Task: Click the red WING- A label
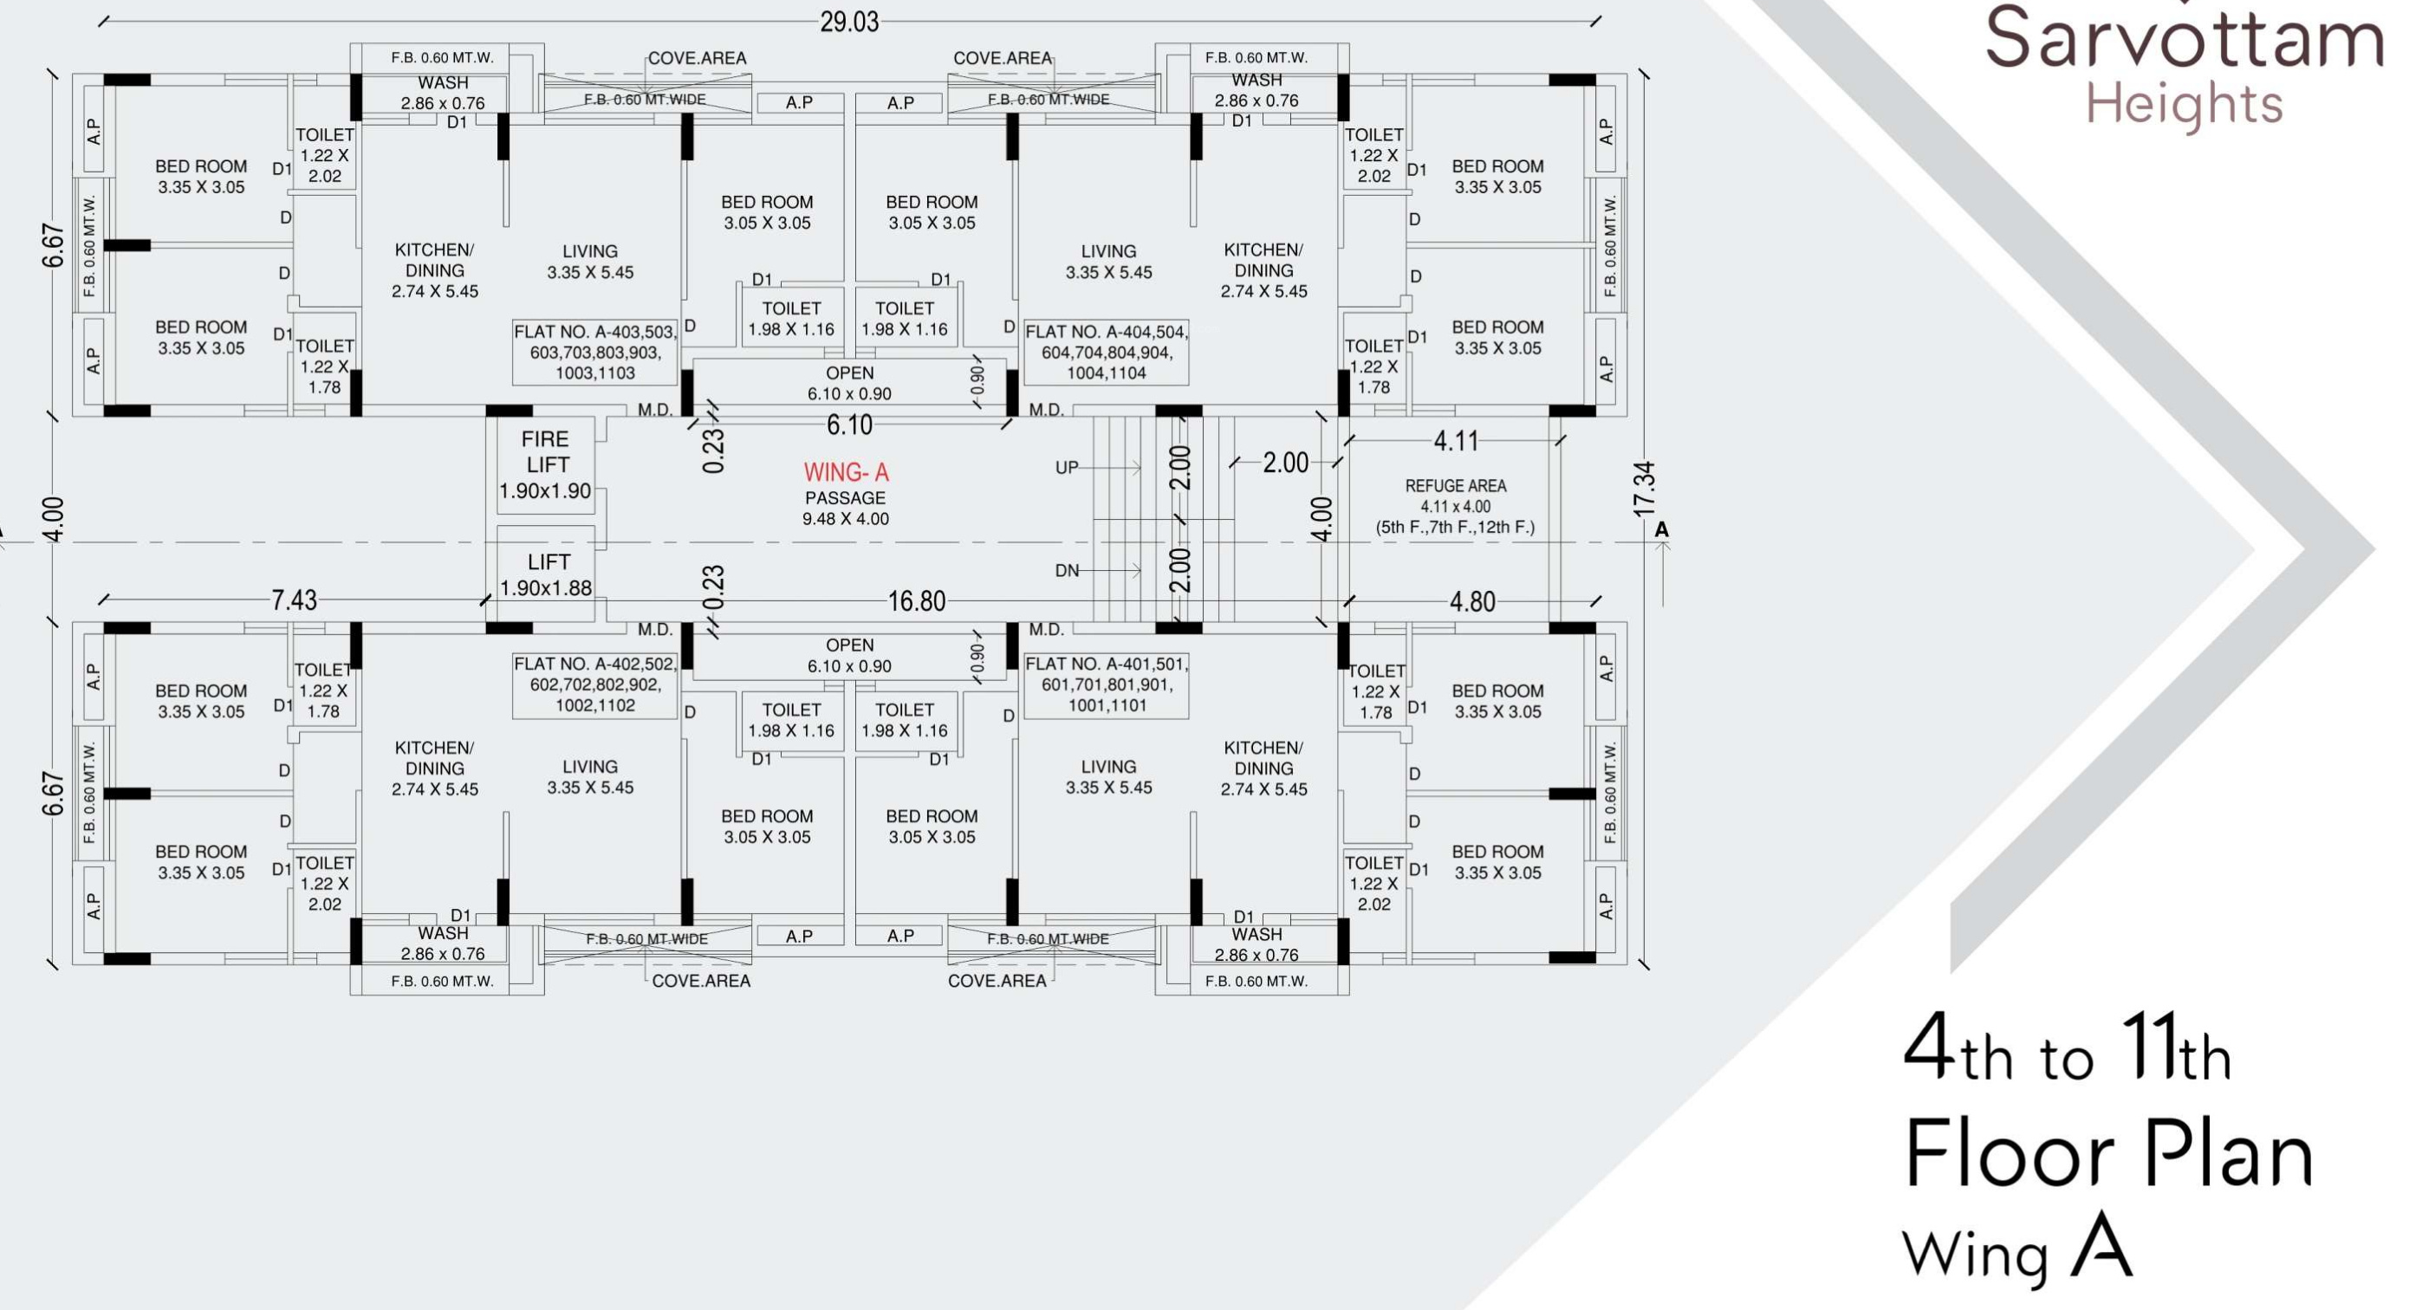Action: [846, 471]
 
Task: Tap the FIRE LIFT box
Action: [545, 466]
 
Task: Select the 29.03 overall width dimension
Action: [849, 21]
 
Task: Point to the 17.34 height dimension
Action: [1645, 489]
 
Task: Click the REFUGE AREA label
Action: [1455, 486]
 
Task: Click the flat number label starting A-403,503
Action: [594, 352]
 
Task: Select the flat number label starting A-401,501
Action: [1106, 684]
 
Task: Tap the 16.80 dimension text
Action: [916, 601]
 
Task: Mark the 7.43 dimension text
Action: [294, 600]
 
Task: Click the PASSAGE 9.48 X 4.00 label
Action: [845, 508]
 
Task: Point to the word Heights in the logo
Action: [2184, 106]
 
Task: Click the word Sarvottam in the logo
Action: [2184, 38]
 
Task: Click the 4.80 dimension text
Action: [1471, 601]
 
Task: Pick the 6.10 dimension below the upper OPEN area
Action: [849, 425]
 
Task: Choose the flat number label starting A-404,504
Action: [1106, 352]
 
